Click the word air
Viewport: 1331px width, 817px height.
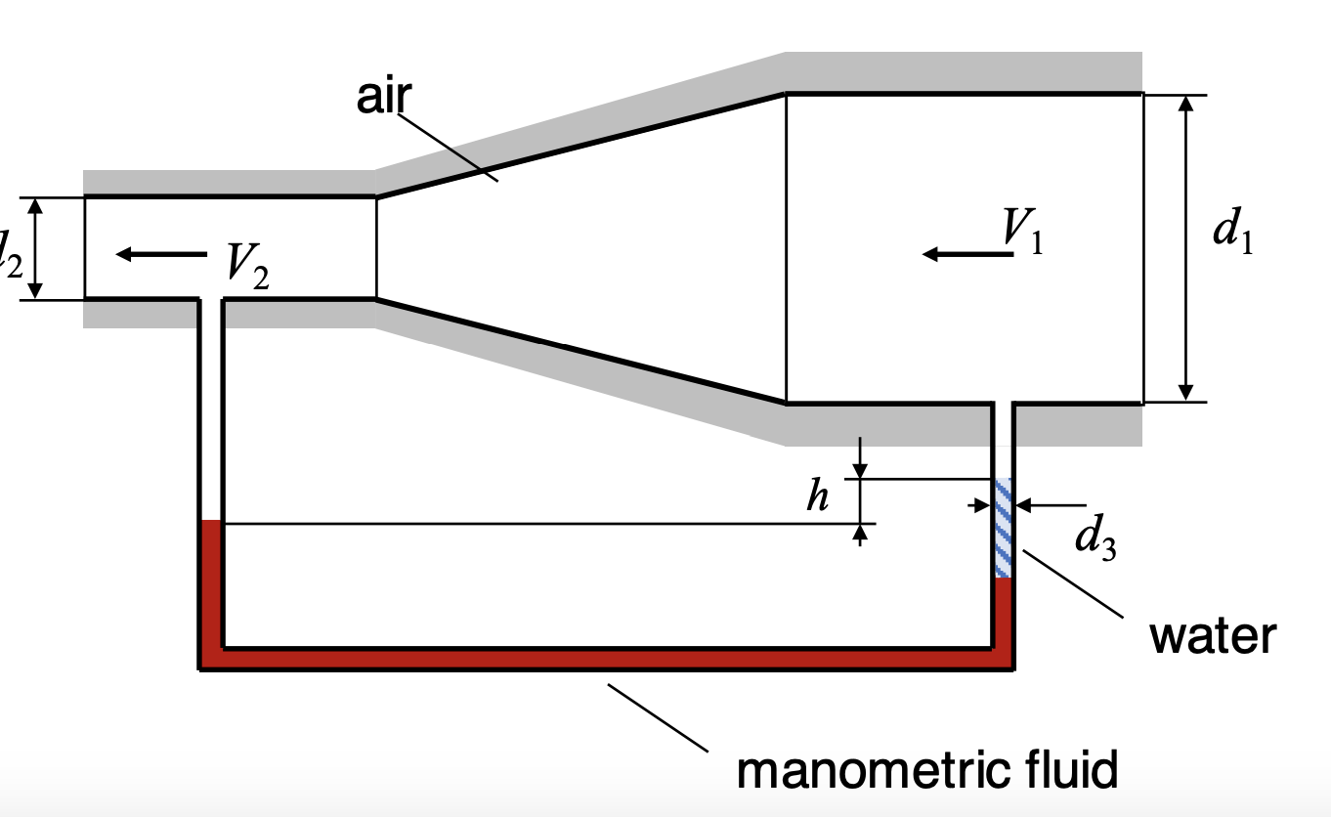(384, 98)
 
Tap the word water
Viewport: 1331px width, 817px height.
(1213, 636)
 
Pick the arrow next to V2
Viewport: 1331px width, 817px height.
(161, 254)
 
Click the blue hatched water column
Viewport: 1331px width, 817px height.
(1004, 529)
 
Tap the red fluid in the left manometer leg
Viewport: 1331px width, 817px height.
(211, 586)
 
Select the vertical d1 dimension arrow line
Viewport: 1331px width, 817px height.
(1186, 248)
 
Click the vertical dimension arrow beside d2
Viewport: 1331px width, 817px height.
(36, 248)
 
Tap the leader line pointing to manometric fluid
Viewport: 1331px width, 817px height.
(657, 717)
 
